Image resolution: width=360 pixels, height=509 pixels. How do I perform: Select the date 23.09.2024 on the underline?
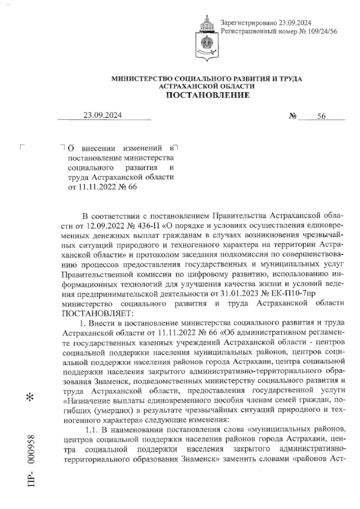click(x=103, y=115)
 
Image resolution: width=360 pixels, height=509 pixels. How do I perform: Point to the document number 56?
click(x=321, y=116)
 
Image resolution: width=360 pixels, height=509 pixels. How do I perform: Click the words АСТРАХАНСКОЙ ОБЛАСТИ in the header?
click(x=207, y=86)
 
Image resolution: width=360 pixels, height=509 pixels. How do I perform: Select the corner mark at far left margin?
click(x=21, y=147)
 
